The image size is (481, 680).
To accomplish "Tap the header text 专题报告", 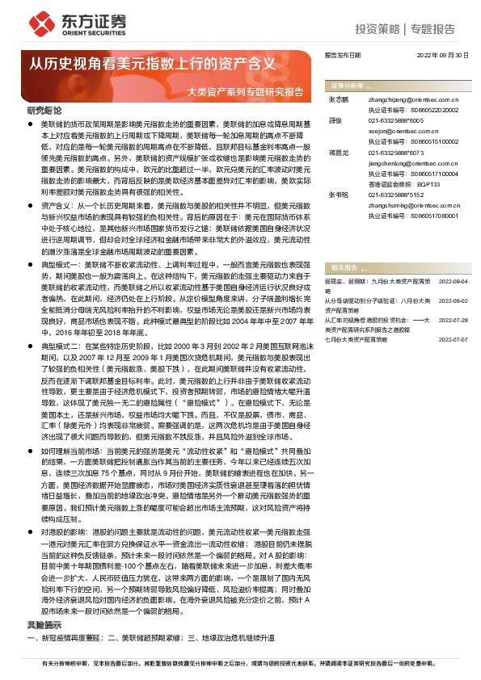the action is [432, 29].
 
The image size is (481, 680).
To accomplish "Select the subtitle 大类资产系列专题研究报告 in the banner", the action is [245, 91].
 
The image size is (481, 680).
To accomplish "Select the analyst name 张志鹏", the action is [338, 99].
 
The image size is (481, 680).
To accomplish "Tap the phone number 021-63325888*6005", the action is [395, 120].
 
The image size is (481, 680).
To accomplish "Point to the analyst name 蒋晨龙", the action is [338, 152].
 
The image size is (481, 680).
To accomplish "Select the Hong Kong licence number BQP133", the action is [427, 183].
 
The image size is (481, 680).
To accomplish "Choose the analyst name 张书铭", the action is [338, 195].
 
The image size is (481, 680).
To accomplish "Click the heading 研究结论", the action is [44, 109].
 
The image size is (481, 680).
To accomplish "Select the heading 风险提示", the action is [44, 623].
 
